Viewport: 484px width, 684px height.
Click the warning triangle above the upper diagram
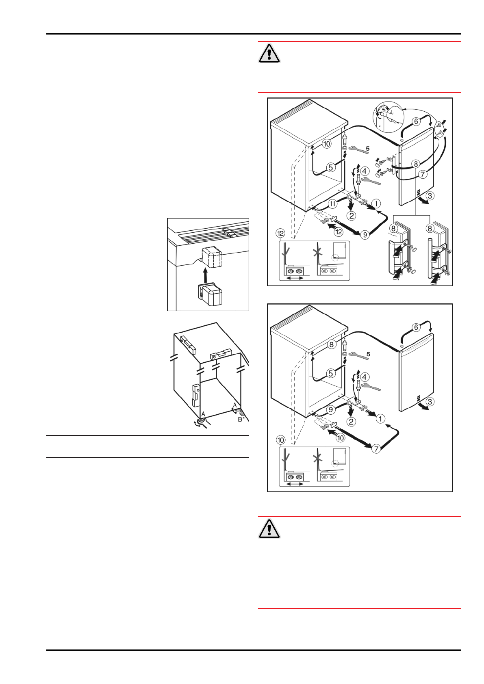pyautogui.click(x=269, y=53)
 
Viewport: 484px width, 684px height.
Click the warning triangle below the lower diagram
pyautogui.click(x=269, y=529)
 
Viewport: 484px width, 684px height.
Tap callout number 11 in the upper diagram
pyautogui.click(x=332, y=203)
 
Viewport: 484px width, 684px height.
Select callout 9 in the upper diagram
pyautogui.click(x=365, y=234)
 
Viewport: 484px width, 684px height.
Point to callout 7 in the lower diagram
pyautogui.click(x=377, y=448)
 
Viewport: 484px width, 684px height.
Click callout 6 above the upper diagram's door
pyautogui.click(x=416, y=121)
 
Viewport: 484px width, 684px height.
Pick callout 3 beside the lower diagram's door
pyautogui.click(x=430, y=402)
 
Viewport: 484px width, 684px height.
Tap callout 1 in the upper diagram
pyautogui.click(x=376, y=203)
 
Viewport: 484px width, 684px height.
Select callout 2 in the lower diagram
pyautogui.click(x=352, y=422)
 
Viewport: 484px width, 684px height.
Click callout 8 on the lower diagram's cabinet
pyautogui.click(x=332, y=344)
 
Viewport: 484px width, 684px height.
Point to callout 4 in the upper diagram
pyautogui.click(x=365, y=171)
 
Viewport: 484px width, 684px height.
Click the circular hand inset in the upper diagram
pyautogui.click(x=388, y=118)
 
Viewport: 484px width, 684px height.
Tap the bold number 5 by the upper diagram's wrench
pyautogui.click(x=367, y=149)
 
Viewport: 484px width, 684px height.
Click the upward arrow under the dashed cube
pyautogui.click(x=205, y=274)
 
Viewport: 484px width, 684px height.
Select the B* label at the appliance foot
pyautogui.click(x=241, y=419)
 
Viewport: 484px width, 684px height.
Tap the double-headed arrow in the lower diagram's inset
pyautogui.click(x=295, y=484)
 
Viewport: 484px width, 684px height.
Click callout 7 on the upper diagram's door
pyautogui.click(x=423, y=174)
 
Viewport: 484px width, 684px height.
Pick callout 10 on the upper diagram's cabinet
pyautogui.click(x=326, y=143)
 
